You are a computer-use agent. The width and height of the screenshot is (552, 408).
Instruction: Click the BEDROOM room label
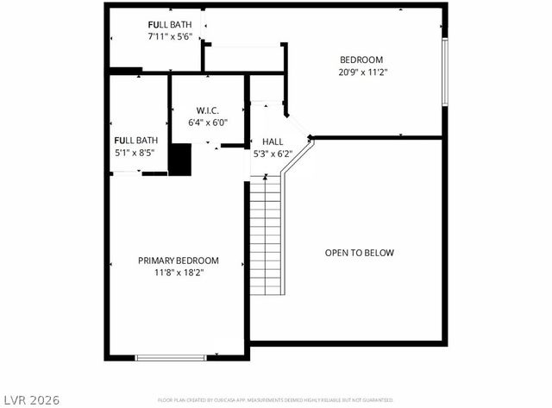point(361,60)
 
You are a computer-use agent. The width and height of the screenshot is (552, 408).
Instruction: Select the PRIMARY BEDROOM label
point(179,260)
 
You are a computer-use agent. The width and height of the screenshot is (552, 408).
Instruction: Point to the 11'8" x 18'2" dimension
point(179,273)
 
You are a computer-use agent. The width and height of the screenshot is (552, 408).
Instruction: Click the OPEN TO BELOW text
point(359,253)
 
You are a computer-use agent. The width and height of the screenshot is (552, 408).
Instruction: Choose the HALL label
point(273,141)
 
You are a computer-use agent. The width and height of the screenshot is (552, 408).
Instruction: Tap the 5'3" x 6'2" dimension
point(273,154)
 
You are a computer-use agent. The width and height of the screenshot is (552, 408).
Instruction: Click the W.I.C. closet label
point(207,110)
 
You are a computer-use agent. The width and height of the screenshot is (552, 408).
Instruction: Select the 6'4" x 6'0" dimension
point(207,122)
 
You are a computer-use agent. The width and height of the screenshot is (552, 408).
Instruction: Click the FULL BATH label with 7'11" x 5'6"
point(169,24)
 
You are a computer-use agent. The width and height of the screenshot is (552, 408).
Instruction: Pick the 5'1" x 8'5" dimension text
point(135,153)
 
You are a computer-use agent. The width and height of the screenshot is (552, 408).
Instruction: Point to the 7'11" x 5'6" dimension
point(169,37)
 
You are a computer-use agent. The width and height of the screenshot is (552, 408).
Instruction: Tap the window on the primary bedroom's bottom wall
point(170,356)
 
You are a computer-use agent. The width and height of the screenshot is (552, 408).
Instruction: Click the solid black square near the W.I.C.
point(179,160)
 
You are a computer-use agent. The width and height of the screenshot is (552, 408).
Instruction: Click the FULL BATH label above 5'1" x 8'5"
point(135,140)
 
